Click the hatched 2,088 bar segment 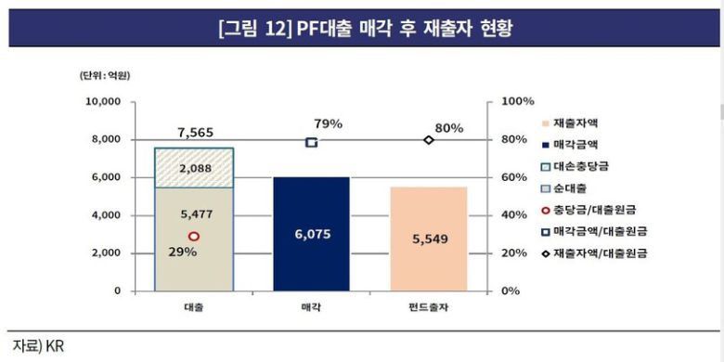pyautogui.click(x=194, y=168)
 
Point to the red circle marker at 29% pyautogui.click(x=194, y=237)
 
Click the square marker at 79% pyautogui.click(x=311, y=142)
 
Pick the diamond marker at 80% pyautogui.click(x=428, y=140)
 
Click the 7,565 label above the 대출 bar pyautogui.click(x=194, y=132)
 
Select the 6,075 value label pyautogui.click(x=311, y=236)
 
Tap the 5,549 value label pyautogui.click(x=428, y=239)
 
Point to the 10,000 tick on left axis pyautogui.click(x=103, y=101)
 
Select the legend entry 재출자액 pyautogui.click(x=575, y=123)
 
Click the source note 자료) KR pyautogui.click(x=36, y=345)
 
